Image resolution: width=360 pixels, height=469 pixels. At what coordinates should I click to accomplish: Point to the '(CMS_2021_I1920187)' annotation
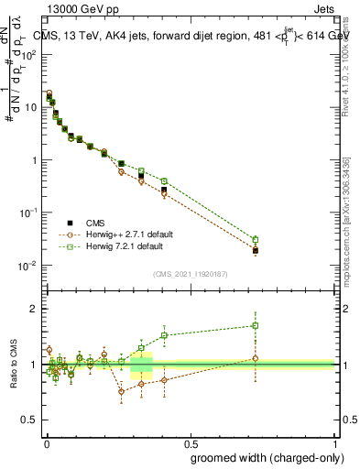coord(190,273)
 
